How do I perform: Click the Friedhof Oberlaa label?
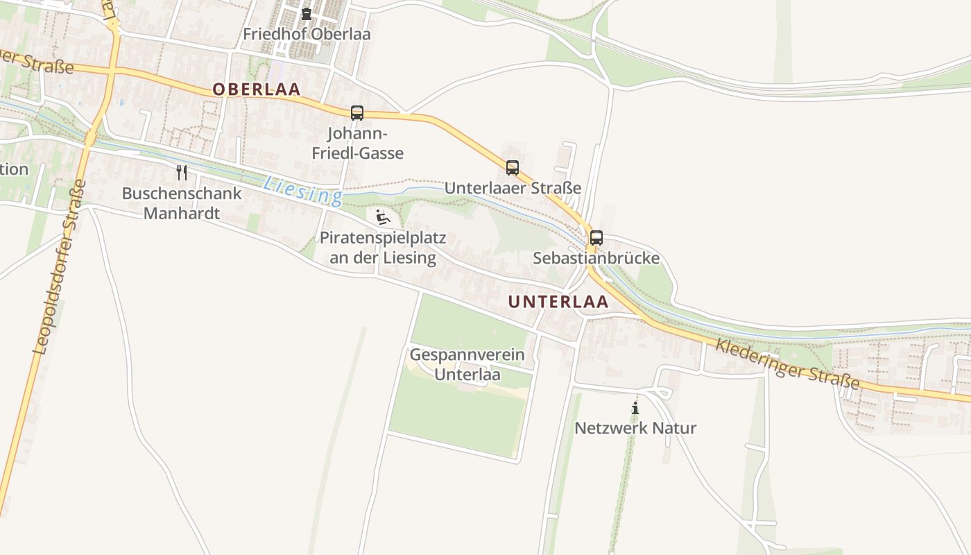[307, 34]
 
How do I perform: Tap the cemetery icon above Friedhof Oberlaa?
[307, 14]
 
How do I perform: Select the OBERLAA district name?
[257, 89]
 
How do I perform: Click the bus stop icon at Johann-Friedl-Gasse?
[357, 113]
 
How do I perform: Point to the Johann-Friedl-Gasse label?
[357, 144]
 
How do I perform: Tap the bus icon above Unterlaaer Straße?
[513, 167]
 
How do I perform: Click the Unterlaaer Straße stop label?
[513, 188]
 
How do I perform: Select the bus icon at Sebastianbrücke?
[596, 238]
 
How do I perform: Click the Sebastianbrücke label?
[596, 259]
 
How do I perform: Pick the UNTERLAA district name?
[558, 302]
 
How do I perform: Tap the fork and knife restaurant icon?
[182, 172]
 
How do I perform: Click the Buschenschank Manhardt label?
[182, 203]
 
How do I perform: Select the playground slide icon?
[382, 217]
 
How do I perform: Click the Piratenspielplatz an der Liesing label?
[382, 248]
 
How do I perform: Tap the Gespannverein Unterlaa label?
[467, 365]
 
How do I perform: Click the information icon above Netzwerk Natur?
[635, 408]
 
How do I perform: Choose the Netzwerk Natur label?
[635, 428]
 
